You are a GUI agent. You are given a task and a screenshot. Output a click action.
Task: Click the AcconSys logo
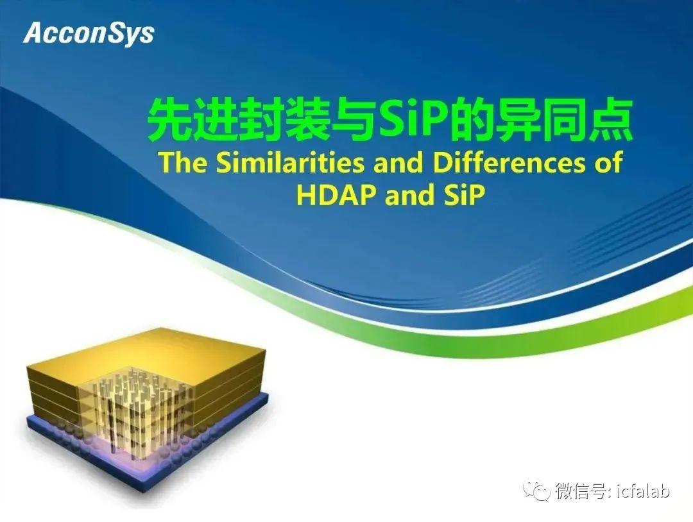(89, 33)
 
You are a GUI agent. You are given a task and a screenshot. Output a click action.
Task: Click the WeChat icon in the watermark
(537, 490)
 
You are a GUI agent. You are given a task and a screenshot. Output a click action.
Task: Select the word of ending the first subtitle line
(608, 162)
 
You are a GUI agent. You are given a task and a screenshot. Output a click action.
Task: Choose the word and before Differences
(398, 162)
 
